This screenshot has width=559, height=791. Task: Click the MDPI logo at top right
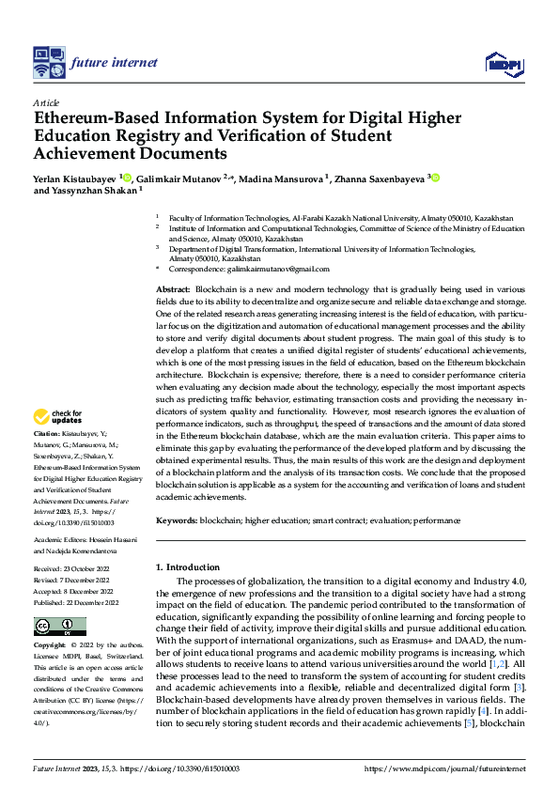click(x=504, y=63)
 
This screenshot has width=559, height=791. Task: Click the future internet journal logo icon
click(x=48, y=63)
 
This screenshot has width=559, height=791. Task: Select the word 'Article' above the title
click(x=46, y=102)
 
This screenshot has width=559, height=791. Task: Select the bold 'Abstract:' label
click(x=173, y=287)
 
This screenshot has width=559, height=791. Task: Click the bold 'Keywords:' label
click(x=177, y=520)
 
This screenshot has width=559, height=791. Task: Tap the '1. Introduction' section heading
click(x=188, y=567)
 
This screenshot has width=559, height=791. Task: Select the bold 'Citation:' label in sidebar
click(x=47, y=434)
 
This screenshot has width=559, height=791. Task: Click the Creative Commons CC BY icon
click(x=59, y=626)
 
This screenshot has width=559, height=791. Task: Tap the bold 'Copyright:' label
click(x=50, y=646)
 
